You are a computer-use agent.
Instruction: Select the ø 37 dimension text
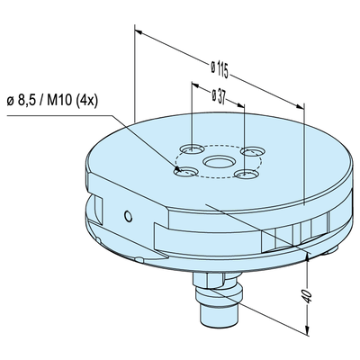coord(218,94)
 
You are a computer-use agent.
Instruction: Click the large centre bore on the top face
coord(217,162)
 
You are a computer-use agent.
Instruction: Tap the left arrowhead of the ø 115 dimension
coord(137,30)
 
